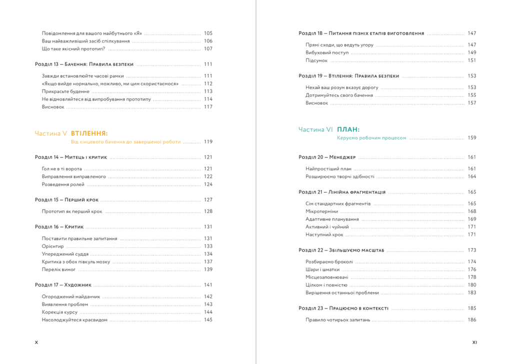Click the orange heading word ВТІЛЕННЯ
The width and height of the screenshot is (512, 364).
(x=89, y=133)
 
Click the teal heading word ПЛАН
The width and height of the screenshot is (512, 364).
(x=348, y=129)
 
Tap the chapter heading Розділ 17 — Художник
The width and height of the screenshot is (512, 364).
(x=63, y=285)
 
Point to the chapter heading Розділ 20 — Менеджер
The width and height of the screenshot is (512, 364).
(x=327, y=157)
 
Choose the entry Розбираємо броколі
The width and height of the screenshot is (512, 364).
(x=329, y=262)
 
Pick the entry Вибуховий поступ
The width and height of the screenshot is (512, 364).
(x=327, y=52)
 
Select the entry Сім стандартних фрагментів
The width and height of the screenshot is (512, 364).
(x=338, y=204)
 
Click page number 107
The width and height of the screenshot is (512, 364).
(x=208, y=49)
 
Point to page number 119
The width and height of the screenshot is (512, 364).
(x=208, y=142)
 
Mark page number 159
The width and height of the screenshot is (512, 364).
(x=472, y=138)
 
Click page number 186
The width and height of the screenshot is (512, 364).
(x=472, y=320)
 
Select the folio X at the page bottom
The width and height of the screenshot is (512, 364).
(x=36, y=343)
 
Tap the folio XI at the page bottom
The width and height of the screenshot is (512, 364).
(x=474, y=343)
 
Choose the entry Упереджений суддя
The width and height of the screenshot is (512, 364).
(x=65, y=254)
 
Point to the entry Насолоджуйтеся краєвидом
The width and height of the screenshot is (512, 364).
(x=74, y=320)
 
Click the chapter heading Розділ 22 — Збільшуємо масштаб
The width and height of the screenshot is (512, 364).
(x=341, y=250)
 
